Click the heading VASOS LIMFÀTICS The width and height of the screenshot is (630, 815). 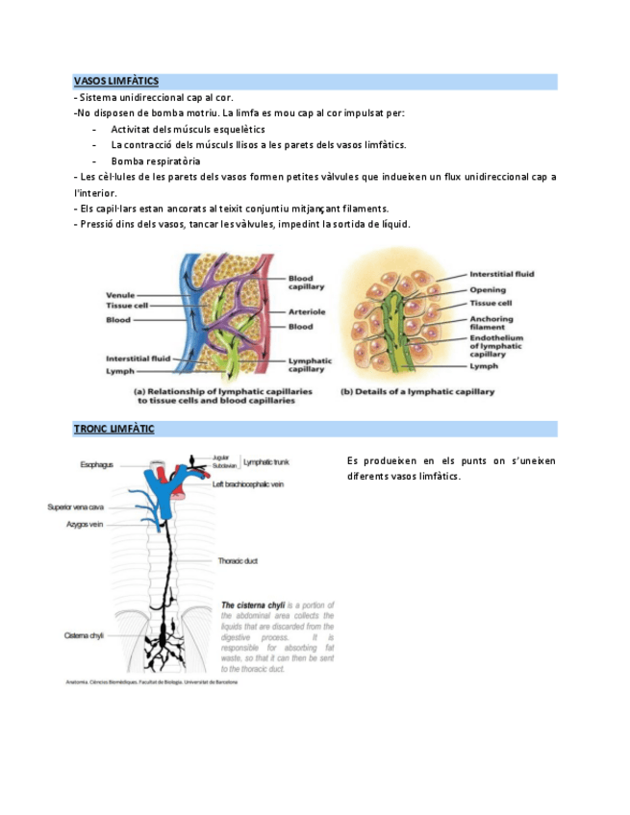pyautogui.click(x=116, y=82)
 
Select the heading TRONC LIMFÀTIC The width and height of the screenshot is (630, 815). pyautogui.click(x=113, y=429)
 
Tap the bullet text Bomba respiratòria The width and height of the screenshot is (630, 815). pyautogui.click(x=155, y=161)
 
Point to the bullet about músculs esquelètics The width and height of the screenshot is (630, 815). pyautogui.click(x=188, y=129)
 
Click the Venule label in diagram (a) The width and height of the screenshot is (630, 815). pyautogui.click(x=120, y=295)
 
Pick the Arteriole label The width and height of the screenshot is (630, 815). pyautogui.click(x=307, y=311)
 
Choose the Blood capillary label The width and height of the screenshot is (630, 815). pyautogui.click(x=306, y=283)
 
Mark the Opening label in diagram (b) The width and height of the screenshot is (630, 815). pyautogui.click(x=488, y=289)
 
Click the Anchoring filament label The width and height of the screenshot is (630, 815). pyautogui.click(x=491, y=323)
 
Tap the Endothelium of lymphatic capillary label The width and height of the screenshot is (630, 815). pyautogui.click(x=495, y=346)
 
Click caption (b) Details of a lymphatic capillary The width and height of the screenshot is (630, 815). pyautogui.click(x=417, y=392)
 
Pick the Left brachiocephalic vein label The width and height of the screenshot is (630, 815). pyautogui.click(x=247, y=485)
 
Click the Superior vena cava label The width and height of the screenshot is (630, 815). pyautogui.click(x=76, y=506)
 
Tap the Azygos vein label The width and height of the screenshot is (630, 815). pyautogui.click(x=85, y=525)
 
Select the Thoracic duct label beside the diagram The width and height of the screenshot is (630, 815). pyautogui.click(x=238, y=560)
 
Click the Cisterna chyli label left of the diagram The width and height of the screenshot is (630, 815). pyautogui.click(x=84, y=635)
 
